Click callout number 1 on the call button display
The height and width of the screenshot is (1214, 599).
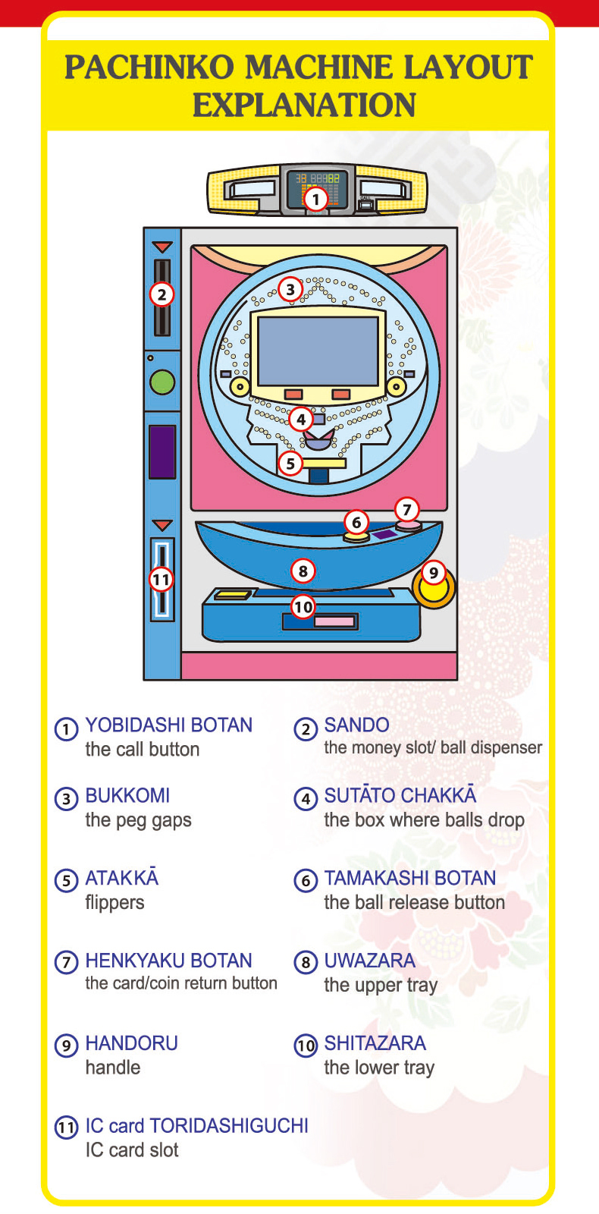tap(315, 199)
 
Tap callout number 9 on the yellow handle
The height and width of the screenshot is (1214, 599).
tap(433, 574)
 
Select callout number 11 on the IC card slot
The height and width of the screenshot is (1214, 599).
tap(162, 580)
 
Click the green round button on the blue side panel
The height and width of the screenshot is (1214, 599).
tap(162, 382)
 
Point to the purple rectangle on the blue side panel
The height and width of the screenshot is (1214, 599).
tap(162, 452)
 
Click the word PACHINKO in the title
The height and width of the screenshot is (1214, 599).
tap(149, 68)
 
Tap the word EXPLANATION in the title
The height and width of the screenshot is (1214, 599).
tap(304, 105)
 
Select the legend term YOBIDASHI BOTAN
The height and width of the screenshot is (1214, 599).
tap(169, 725)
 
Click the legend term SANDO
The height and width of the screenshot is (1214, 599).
tap(356, 725)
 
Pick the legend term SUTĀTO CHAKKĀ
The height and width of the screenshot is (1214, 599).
tap(400, 794)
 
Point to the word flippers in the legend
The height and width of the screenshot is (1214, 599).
tap(114, 903)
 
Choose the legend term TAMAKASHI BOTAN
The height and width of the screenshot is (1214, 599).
tap(410, 878)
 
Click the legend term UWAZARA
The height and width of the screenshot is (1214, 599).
tap(370, 961)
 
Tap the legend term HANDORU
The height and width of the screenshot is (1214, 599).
tap(132, 1043)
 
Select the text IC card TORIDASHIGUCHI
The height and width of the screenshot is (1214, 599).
tap(196, 1126)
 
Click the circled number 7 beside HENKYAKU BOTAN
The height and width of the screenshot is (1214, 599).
tap(67, 962)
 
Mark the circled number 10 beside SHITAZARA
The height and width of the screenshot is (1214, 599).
tap(306, 1045)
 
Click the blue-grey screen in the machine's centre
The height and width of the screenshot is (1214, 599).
tap(318, 351)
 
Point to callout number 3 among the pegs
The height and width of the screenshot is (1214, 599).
tap(290, 289)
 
